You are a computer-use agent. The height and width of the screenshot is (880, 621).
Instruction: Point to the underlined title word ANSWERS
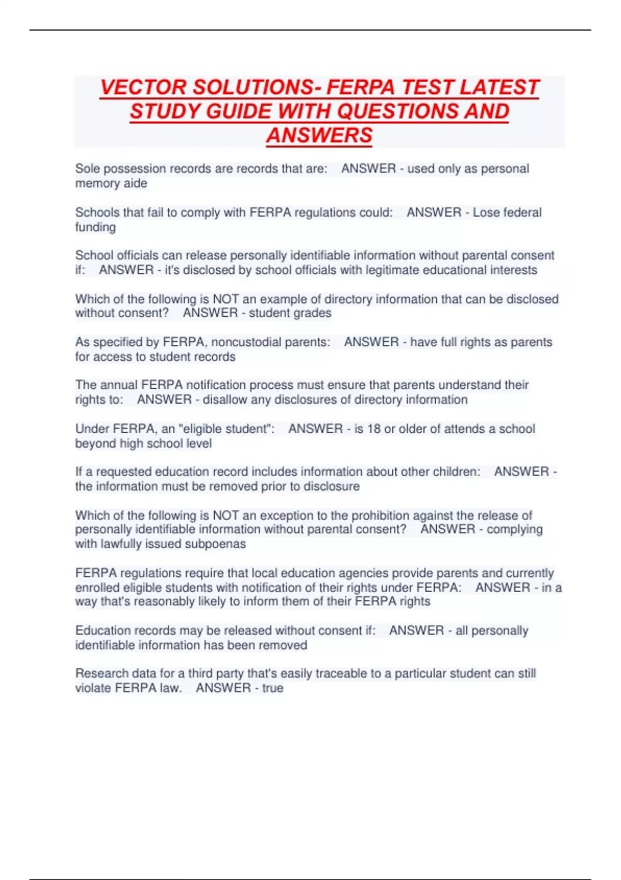point(319,135)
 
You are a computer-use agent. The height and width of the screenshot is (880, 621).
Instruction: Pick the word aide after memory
point(135,183)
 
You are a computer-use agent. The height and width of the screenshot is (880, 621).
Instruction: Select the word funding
point(95,227)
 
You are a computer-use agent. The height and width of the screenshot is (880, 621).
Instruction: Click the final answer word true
point(273,688)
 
